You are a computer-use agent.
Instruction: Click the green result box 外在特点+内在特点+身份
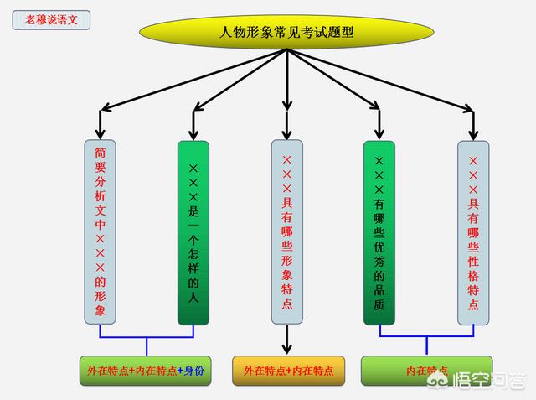(x=147, y=370)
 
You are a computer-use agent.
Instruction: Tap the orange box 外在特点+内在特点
(x=288, y=370)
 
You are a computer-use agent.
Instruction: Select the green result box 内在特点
(x=426, y=370)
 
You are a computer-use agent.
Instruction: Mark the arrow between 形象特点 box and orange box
(x=287, y=340)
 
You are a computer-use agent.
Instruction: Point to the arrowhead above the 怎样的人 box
(x=193, y=131)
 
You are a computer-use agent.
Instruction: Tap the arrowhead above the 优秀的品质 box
(x=379, y=131)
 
